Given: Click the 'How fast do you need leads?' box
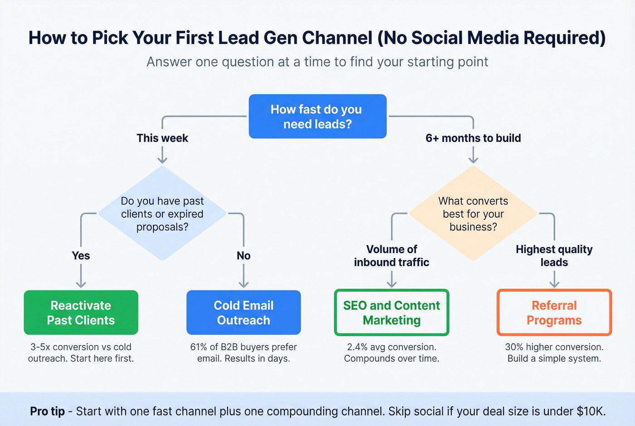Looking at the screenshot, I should click(x=317, y=116).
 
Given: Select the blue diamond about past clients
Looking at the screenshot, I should click(x=162, y=213).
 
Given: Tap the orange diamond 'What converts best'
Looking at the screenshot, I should click(x=473, y=213).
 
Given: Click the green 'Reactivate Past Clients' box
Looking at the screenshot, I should click(x=81, y=313).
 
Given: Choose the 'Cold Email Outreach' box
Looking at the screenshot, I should click(x=244, y=313).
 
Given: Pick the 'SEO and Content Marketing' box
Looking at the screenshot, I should click(x=391, y=313).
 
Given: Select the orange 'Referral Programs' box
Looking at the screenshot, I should click(x=554, y=313).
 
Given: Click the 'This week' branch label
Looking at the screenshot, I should click(x=162, y=138).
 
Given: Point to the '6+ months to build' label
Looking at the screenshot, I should click(x=473, y=138).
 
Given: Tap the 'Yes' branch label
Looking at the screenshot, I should click(x=81, y=255).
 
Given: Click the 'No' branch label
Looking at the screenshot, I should click(x=244, y=255).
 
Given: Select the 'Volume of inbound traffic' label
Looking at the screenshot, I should click(x=391, y=255).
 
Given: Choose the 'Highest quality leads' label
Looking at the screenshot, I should click(x=554, y=255).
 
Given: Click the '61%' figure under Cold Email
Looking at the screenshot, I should click(x=198, y=347).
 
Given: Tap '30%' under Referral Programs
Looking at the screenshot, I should click(x=514, y=347).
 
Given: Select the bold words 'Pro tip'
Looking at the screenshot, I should click(x=47, y=411).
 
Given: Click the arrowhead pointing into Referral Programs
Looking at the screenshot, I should click(x=554, y=284).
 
